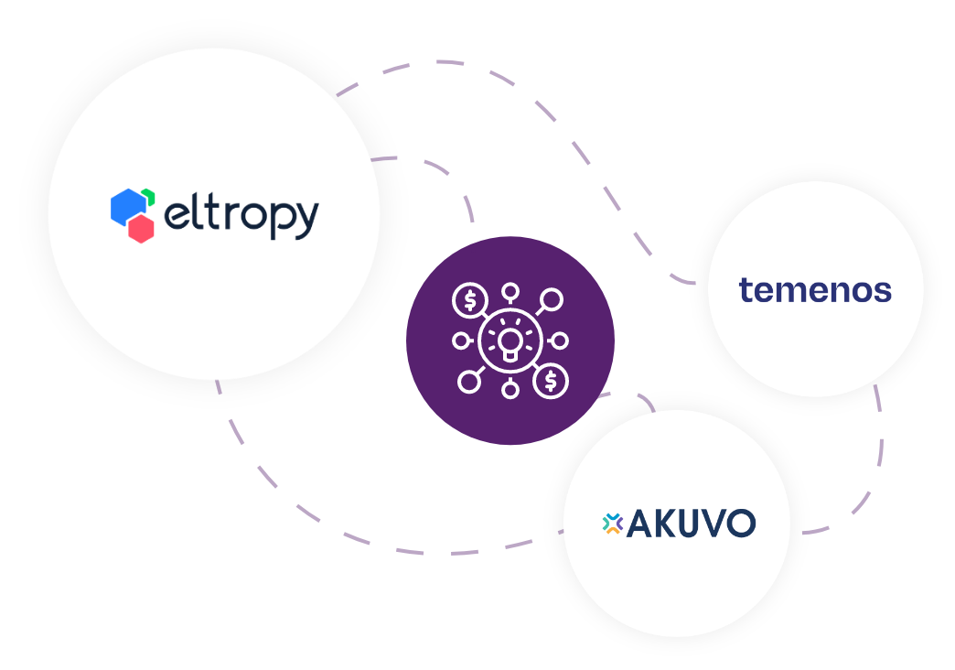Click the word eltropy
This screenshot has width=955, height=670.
click(241, 216)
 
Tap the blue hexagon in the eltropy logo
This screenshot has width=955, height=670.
click(125, 206)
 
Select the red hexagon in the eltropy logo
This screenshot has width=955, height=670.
click(140, 229)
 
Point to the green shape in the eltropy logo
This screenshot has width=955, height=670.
click(148, 196)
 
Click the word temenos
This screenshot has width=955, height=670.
click(815, 290)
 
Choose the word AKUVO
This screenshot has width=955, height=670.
click(692, 524)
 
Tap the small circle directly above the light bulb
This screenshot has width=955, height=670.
click(510, 293)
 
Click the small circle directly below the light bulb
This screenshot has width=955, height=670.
click(510, 390)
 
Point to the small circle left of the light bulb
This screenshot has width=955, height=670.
click(462, 340)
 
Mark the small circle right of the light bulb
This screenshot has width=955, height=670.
click(560, 340)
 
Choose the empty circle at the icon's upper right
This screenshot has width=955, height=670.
click(552, 299)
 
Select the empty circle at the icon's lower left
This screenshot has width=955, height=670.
click(469, 381)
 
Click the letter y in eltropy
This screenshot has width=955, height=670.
click(307, 221)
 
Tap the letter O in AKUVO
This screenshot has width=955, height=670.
click(740, 524)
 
